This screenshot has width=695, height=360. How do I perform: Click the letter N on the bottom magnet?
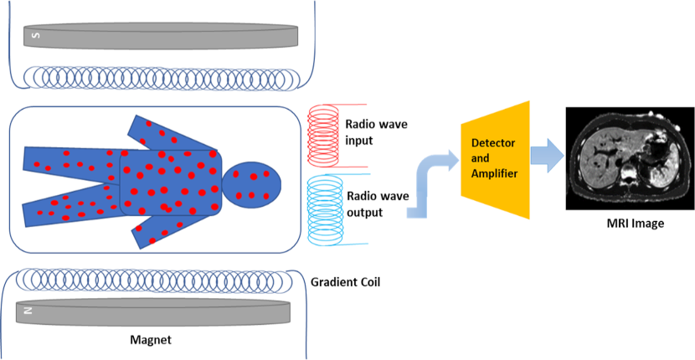coord(28,311)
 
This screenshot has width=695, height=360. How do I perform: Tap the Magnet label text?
coord(151,341)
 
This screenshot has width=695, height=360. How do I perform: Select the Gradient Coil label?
coord(345,281)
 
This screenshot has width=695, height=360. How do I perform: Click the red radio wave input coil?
coord(324,131)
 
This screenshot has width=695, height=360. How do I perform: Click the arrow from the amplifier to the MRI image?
coord(548,157)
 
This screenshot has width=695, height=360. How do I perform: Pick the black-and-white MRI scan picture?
coord(630,159)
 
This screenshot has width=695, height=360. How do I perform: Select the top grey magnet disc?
coord(160,36)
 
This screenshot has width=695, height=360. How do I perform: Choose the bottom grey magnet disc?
coord(154,311)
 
